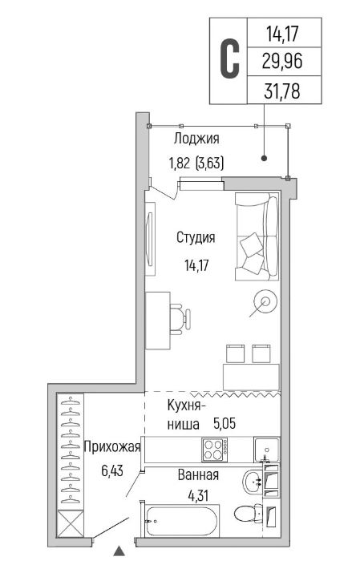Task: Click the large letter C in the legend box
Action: (x=230, y=60)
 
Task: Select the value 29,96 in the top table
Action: (x=282, y=62)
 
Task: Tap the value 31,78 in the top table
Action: (x=282, y=91)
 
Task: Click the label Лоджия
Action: (x=196, y=139)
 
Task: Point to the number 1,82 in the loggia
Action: (x=179, y=163)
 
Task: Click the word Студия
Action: (x=196, y=237)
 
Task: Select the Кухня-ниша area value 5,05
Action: (x=224, y=423)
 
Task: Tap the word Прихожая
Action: (x=112, y=446)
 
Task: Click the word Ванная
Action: (x=198, y=474)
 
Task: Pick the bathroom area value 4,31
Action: (x=198, y=495)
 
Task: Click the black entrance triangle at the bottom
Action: (x=119, y=551)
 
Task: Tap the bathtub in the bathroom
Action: (x=180, y=522)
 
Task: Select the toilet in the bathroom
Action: (x=249, y=513)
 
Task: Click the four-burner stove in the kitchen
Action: (x=215, y=450)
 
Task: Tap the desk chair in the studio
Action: (x=180, y=318)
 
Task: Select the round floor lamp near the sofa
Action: (x=266, y=301)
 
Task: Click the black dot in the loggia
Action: (x=265, y=158)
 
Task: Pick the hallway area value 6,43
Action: (x=112, y=471)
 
